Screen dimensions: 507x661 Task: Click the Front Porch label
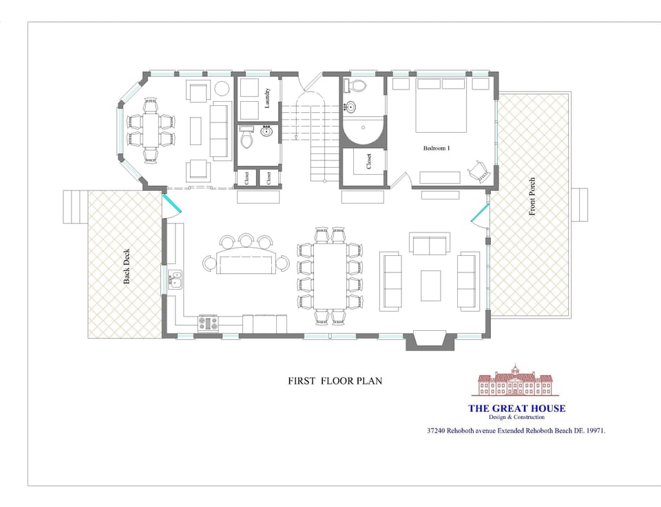click(x=532, y=197)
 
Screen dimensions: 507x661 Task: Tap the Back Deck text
click(x=127, y=266)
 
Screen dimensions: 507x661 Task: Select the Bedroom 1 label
click(x=437, y=148)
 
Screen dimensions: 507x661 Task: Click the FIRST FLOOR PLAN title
click(x=335, y=380)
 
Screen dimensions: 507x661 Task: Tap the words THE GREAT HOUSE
click(x=516, y=408)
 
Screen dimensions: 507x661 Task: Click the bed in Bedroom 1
click(x=443, y=105)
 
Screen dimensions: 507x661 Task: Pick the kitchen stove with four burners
click(x=208, y=323)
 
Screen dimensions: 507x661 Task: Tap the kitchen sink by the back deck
click(x=176, y=279)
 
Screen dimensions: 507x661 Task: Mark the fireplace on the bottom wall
click(x=429, y=341)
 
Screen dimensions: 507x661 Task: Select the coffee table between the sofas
click(x=430, y=285)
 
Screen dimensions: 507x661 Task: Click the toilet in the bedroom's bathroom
click(x=357, y=86)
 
